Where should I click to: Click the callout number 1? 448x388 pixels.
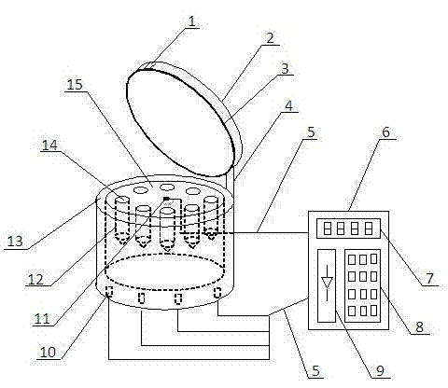192,21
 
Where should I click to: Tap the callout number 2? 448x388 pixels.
270,37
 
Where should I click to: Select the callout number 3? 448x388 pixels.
285,69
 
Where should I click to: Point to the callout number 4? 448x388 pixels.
289,105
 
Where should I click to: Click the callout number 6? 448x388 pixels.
385,132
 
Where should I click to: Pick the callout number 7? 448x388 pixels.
429,279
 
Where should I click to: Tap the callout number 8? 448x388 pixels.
420,327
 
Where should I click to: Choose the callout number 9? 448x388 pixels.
380,370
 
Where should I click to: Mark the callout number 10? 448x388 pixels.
48,352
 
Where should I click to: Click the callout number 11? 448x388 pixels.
42,319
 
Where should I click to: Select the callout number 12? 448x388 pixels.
35,280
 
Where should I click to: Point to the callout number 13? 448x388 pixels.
15,242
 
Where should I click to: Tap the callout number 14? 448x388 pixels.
49,145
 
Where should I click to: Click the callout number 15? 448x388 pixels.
75,85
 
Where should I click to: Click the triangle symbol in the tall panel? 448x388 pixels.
327,283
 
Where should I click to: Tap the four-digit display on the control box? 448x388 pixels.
348,229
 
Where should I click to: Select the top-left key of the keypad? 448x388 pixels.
352,259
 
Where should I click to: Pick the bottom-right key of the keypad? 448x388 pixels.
373,311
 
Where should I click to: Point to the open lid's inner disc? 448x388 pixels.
180,124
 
